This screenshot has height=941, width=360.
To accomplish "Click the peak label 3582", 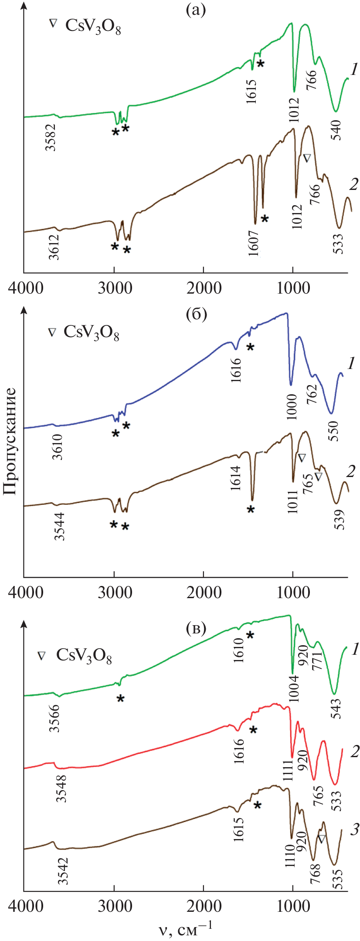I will click(x=52, y=137).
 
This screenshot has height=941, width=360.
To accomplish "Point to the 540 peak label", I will click(x=336, y=129).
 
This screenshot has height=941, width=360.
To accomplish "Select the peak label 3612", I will click(x=54, y=247).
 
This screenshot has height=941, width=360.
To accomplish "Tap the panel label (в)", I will click(x=196, y=628).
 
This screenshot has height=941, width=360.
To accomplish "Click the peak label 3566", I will click(x=54, y=718).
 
